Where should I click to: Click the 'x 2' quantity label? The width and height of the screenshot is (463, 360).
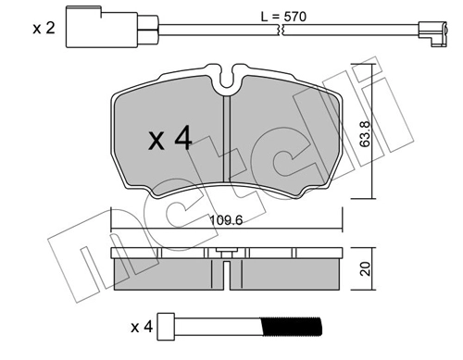44,29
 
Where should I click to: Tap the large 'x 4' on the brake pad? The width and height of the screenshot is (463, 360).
170,140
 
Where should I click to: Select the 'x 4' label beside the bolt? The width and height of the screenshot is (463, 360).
142,326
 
